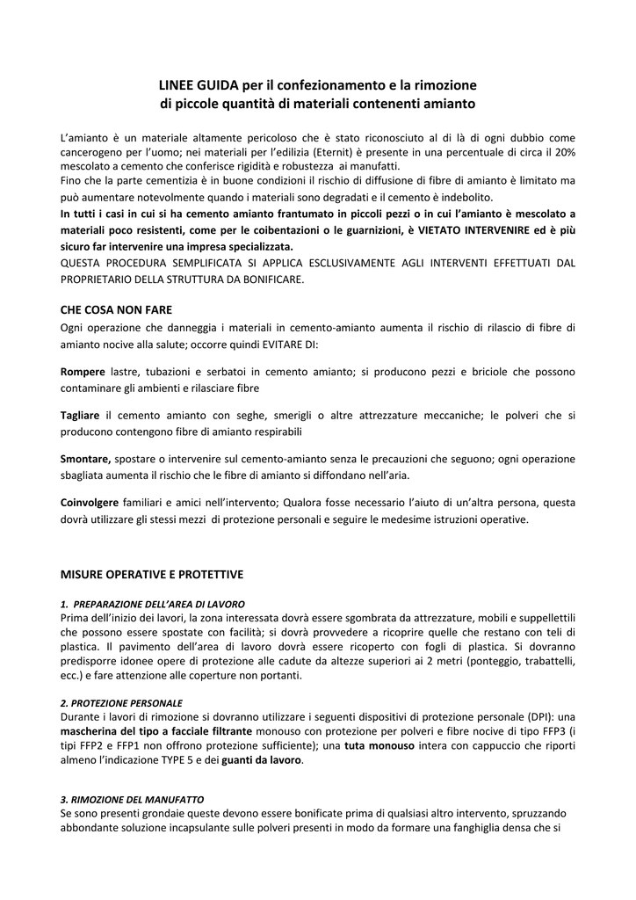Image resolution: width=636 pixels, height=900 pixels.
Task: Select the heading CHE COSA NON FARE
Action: pyautogui.click(x=116, y=309)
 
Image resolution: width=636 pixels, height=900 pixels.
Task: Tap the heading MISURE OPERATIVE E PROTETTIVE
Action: pyautogui.click(x=151, y=574)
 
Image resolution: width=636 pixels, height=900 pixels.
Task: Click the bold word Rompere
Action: pyautogui.click(x=83, y=373)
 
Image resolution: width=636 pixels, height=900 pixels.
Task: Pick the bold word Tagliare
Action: pyautogui.click(x=80, y=415)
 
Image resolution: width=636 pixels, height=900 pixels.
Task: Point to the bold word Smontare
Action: pyautogui.click(x=85, y=458)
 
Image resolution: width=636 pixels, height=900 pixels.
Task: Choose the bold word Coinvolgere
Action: pyautogui.click(x=89, y=503)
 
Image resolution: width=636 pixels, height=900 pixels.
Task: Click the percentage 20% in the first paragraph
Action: pyautogui.click(x=564, y=152)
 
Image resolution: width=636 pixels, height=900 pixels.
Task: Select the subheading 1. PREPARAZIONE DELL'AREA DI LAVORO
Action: pyautogui.click(x=152, y=604)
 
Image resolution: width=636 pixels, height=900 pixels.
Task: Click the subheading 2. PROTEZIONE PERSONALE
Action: pyautogui.click(x=121, y=703)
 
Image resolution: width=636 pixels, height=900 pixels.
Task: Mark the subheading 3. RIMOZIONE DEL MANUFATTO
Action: pyautogui.click(x=132, y=800)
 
